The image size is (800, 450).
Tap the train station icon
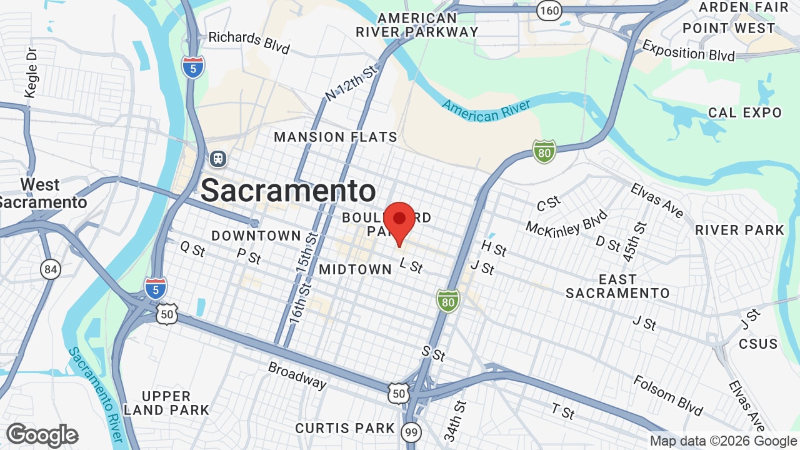218,159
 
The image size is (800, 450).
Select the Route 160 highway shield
549,10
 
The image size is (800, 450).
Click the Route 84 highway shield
51,269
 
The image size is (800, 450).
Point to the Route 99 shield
411,432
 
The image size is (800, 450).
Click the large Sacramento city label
288,191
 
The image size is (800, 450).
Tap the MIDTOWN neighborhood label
355,269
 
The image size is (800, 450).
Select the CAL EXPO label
745,112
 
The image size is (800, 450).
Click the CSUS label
758,344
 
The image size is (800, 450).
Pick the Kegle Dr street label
31,73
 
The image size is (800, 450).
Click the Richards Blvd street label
249,42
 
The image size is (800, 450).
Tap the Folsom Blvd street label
667,395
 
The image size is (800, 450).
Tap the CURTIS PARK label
345,428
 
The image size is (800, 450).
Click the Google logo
42,435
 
